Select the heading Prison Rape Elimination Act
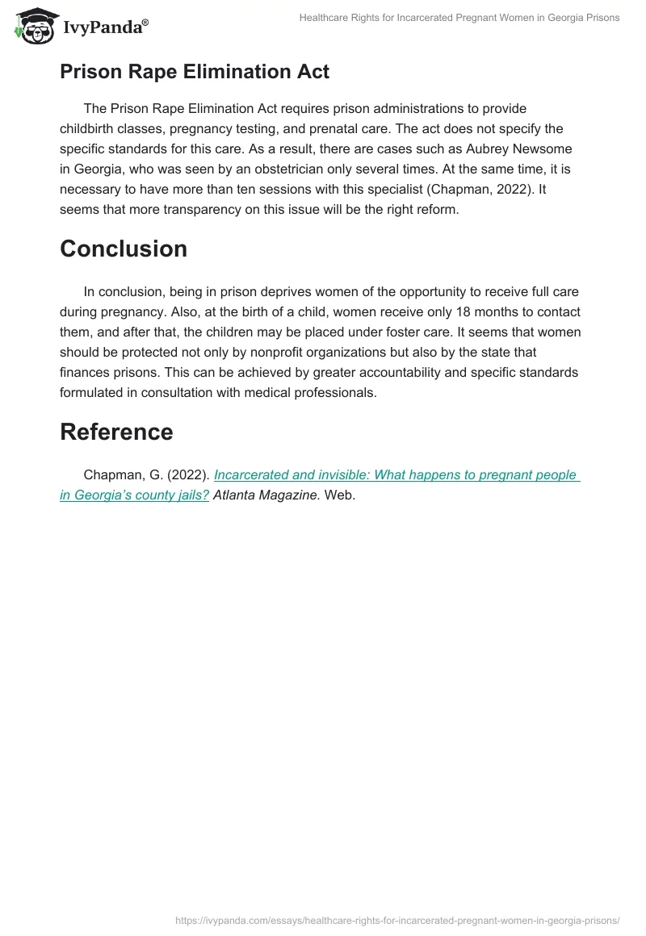(x=194, y=71)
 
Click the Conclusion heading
(x=124, y=249)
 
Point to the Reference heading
(x=116, y=432)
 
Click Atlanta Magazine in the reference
(x=266, y=495)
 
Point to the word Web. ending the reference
(x=339, y=495)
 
